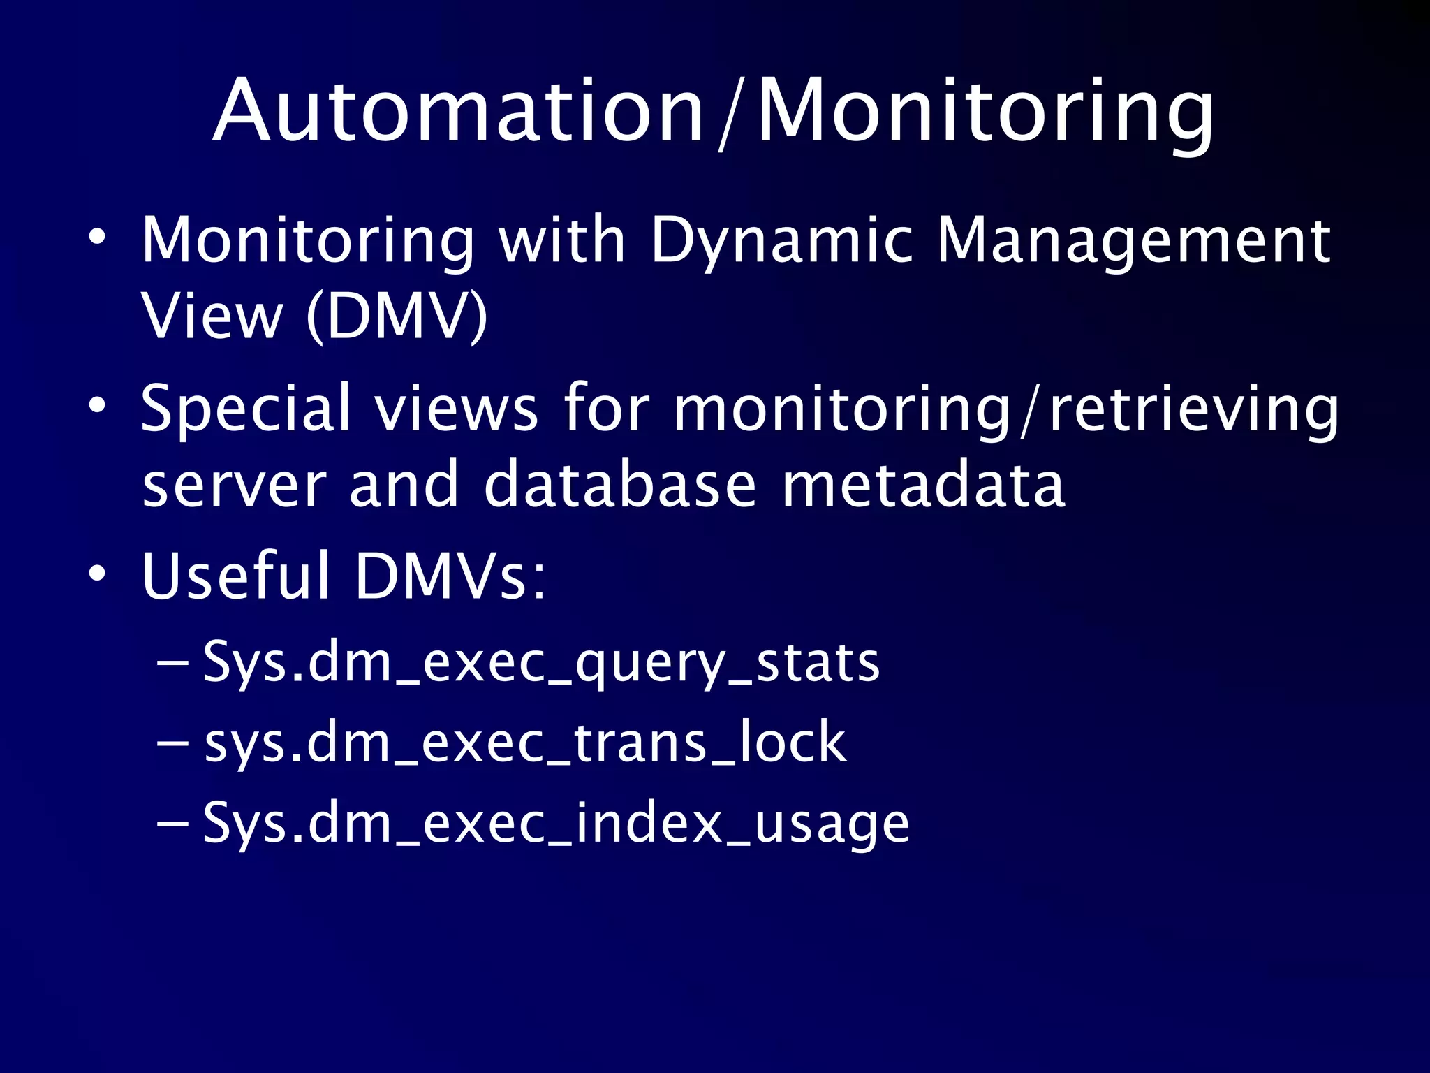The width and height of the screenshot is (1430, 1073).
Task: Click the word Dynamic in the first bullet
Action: (781, 241)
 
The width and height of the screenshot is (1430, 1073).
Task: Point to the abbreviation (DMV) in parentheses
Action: (397, 316)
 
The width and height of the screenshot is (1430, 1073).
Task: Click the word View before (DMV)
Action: (212, 316)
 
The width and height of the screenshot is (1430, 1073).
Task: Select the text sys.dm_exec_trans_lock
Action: (525, 742)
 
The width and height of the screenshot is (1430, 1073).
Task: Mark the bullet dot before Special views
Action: (97, 405)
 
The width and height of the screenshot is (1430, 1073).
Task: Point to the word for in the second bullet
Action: (606, 409)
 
